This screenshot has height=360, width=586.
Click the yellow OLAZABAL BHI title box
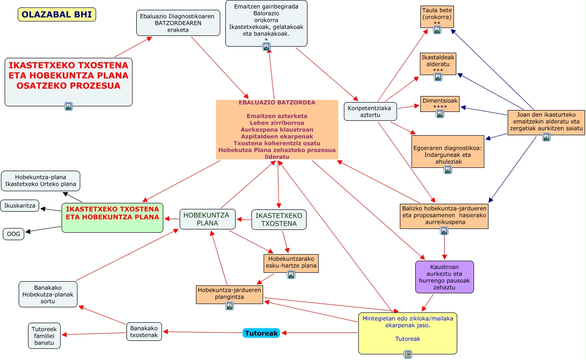[x=57, y=14]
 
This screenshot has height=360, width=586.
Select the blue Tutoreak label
[x=261, y=333]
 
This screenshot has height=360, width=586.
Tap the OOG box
[x=14, y=234]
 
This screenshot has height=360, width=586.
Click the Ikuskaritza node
[x=20, y=206]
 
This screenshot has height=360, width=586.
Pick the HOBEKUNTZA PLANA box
[x=208, y=219]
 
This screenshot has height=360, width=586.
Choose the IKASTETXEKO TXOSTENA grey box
[x=279, y=220]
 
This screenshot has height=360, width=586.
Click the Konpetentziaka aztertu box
[x=370, y=111]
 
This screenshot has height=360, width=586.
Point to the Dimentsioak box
[x=440, y=104]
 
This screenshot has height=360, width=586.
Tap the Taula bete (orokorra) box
[x=437, y=17]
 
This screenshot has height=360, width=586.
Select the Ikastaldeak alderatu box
[x=438, y=64]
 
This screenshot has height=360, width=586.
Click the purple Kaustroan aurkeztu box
[x=445, y=277]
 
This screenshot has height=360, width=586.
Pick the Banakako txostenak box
[x=144, y=332]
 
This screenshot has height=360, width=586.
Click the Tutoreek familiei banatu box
[x=44, y=336]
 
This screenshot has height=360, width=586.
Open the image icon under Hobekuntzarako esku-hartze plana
[x=291, y=275]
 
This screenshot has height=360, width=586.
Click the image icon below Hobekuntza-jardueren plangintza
[x=230, y=306]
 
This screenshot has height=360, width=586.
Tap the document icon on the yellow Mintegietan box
[x=408, y=354]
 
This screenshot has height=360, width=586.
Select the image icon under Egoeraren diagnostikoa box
[x=448, y=170]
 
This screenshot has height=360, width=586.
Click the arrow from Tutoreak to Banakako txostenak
[x=202, y=332]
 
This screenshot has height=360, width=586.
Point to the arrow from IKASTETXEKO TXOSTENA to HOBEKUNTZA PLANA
[x=244, y=219]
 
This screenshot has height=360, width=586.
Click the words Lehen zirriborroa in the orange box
[x=277, y=123]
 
